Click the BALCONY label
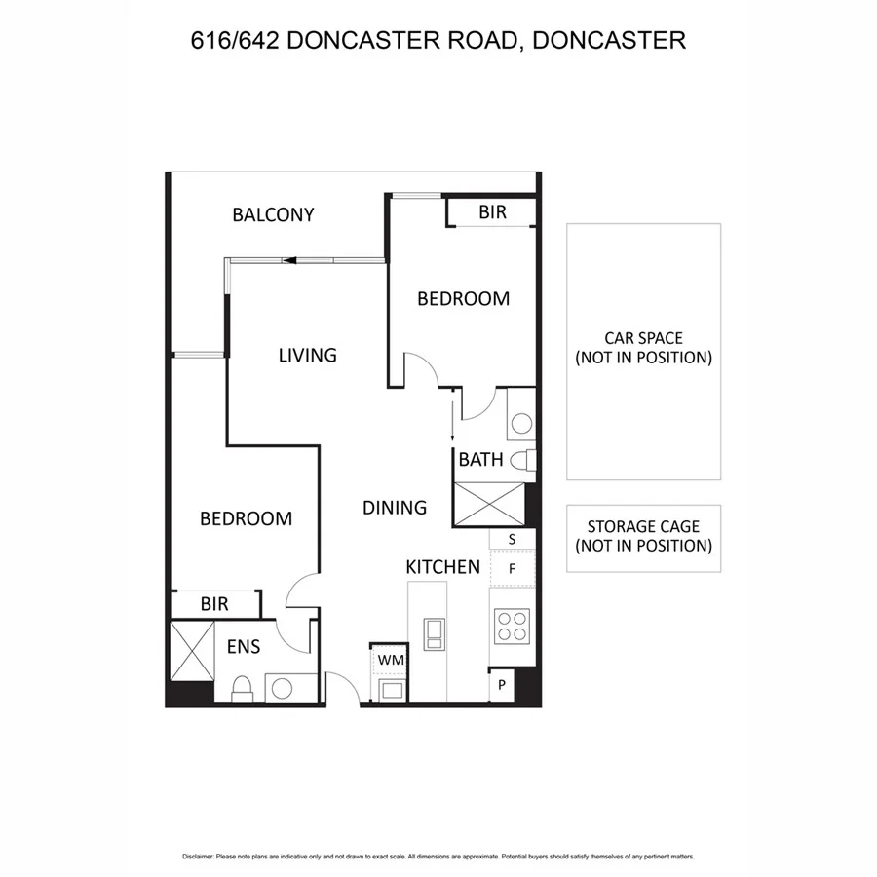tap(273, 214)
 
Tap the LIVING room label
tap(307, 355)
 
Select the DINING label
tap(395, 507)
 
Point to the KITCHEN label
tap(442, 566)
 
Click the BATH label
tap(480, 459)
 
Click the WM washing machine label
tap(390, 660)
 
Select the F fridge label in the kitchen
tap(512, 567)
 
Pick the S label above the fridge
tap(512, 538)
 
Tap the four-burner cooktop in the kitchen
tap(512, 626)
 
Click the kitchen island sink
tap(434, 633)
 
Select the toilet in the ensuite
tap(243, 689)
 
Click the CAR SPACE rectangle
tap(643, 351)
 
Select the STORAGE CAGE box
tap(643, 537)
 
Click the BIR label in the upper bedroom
tap(493, 211)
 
